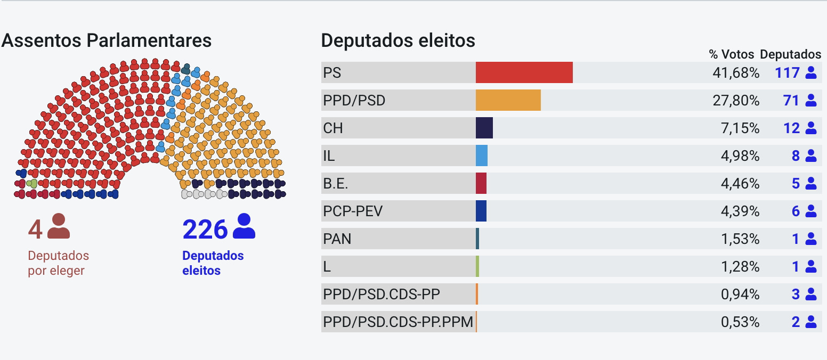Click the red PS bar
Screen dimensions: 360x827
(524, 72)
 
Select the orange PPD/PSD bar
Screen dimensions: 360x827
(508, 100)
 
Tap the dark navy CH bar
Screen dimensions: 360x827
(484, 128)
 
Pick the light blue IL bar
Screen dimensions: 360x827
(481, 156)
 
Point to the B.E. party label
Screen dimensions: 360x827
(335, 184)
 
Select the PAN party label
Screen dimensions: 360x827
(337, 239)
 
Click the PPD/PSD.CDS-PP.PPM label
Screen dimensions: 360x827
(398, 322)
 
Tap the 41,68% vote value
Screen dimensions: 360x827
(735, 73)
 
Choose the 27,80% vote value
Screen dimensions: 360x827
(735, 101)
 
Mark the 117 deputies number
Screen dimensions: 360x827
(787, 73)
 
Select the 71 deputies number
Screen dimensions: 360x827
(791, 101)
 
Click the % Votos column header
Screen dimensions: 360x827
(731, 54)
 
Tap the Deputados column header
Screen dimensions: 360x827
(790, 54)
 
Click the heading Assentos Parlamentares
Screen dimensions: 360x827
(107, 40)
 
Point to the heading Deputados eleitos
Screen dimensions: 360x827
(398, 40)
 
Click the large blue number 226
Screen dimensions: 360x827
(205, 229)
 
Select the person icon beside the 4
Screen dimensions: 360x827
(59, 226)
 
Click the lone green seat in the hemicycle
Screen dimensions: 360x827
(32, 184)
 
